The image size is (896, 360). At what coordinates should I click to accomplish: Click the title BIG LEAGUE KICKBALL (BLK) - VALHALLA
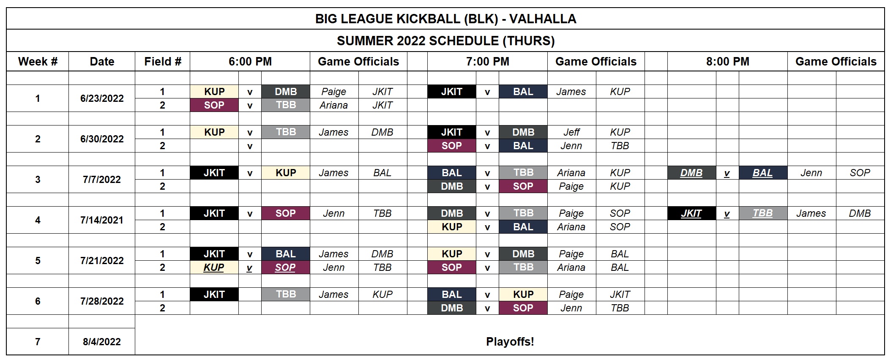445,19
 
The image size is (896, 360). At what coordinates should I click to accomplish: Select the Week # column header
38,61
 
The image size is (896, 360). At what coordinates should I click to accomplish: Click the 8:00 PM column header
727,61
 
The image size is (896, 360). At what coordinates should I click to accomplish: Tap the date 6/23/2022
102,98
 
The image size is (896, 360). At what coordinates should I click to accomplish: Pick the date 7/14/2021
102,220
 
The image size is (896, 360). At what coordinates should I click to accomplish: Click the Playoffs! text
510,341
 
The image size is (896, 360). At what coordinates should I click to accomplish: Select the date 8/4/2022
102,341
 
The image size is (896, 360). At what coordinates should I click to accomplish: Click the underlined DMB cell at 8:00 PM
691,173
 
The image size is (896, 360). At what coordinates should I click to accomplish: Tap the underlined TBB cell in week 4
762,213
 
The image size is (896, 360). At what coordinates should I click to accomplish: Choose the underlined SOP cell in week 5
285,267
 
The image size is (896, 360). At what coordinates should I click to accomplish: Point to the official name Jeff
571,132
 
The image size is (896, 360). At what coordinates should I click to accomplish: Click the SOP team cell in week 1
214,105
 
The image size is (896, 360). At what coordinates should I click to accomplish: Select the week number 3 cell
38,180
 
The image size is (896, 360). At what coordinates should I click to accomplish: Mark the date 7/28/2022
102,301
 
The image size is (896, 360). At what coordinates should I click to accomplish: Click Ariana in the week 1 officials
333,105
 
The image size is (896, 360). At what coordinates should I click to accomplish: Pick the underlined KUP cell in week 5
214,267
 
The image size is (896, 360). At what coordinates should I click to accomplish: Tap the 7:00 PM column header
487,61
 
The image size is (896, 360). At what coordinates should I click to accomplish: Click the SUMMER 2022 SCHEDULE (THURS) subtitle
445,41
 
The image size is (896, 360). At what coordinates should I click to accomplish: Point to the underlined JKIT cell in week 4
691,213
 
